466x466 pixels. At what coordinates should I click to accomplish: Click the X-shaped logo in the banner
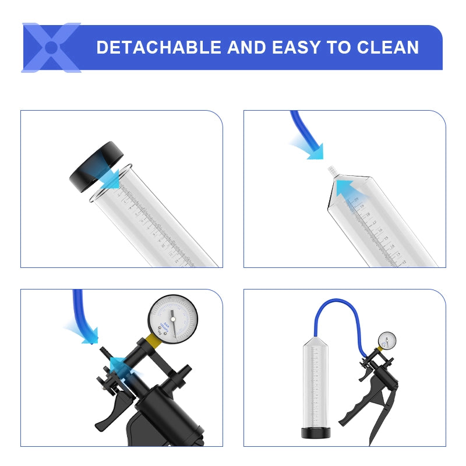51,47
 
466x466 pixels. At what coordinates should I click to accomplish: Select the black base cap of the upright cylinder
316,432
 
